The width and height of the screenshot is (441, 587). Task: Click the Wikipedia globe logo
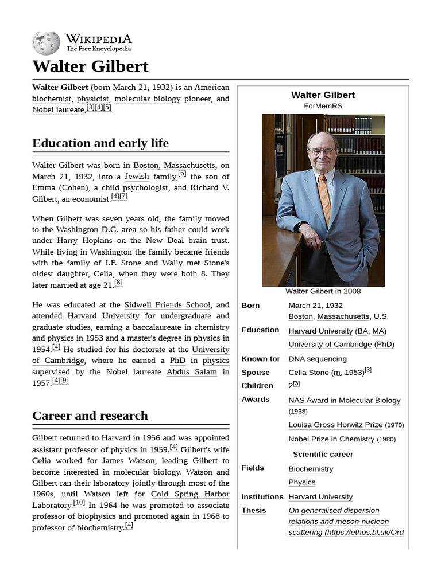(x=46, y=43)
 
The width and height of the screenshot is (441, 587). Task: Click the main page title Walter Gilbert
(x=90, y=66)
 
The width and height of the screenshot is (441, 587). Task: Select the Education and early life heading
(x=100, y=143)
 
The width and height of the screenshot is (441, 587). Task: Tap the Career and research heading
(x=90, y=416)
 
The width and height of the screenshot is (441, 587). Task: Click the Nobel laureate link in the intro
(x=59, y=109)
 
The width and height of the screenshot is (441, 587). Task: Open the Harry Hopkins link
(x=84, y=241)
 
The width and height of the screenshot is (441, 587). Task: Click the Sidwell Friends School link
(x=168, y=305)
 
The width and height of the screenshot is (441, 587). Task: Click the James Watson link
(x=128, y=461)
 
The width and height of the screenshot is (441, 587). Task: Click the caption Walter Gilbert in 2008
(x=323, y=291)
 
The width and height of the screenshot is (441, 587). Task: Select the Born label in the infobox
(x=250, y=306)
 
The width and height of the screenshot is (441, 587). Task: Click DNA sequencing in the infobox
(x=318, y=359)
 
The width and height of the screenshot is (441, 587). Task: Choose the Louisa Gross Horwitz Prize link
(x=335, y=425)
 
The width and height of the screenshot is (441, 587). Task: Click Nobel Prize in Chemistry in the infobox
(x=331, y=439)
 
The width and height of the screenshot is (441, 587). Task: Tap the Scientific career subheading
(x=323, y=454)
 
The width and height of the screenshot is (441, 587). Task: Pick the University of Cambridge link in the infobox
(x=330, y=345)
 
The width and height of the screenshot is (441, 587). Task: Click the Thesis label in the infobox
(x=254, y=510)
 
